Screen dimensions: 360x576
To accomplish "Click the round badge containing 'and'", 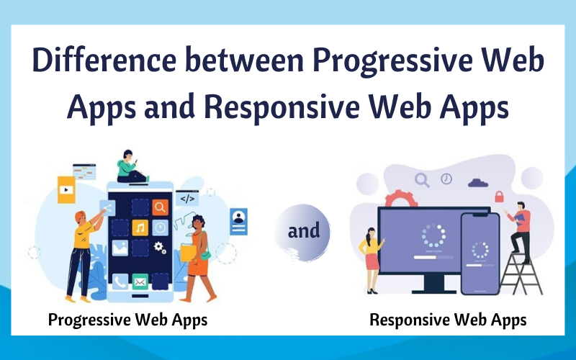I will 303,232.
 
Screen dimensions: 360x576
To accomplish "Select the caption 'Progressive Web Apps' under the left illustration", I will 127,320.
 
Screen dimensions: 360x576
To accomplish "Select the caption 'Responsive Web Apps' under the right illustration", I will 448,320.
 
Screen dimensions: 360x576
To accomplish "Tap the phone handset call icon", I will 119,282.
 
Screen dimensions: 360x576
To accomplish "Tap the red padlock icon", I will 498,196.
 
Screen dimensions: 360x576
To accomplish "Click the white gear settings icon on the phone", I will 160,248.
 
